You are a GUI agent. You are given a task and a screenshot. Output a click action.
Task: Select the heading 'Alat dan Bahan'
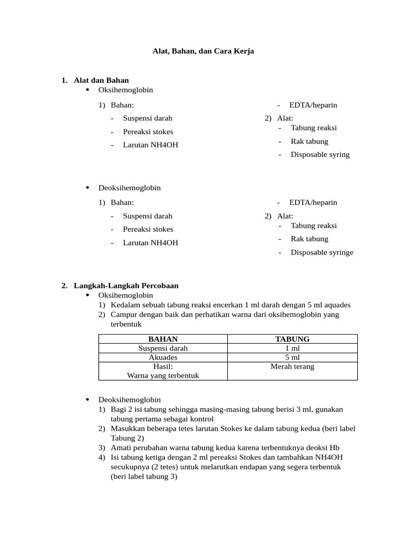[x=101, y=81]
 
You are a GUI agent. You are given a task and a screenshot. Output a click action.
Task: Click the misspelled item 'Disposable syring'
[x=320, y=155]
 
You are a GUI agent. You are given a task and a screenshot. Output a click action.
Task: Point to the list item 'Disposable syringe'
[x=322, y=252]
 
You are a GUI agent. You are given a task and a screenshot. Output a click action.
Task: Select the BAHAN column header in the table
[x=163, y=339]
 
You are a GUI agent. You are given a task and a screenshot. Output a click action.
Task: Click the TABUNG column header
[x=292, y=339]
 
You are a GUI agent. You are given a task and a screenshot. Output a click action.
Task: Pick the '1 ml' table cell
[x=292, y=348]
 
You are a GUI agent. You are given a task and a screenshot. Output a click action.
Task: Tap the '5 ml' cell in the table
[x=292, y=357]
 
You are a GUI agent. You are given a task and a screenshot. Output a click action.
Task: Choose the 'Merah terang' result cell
[x=292, y=366]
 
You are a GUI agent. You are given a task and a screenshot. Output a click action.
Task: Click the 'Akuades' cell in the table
[x=163, y=357]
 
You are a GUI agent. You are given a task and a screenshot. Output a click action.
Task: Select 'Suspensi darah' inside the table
[x=163, y=348]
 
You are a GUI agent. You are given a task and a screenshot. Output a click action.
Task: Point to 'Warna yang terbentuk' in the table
[x=163, y=375]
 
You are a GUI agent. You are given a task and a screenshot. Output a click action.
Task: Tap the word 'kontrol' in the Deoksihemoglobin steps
[x=201, y=418]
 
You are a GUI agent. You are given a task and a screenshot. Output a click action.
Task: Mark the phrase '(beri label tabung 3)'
[x=144, y=476]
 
